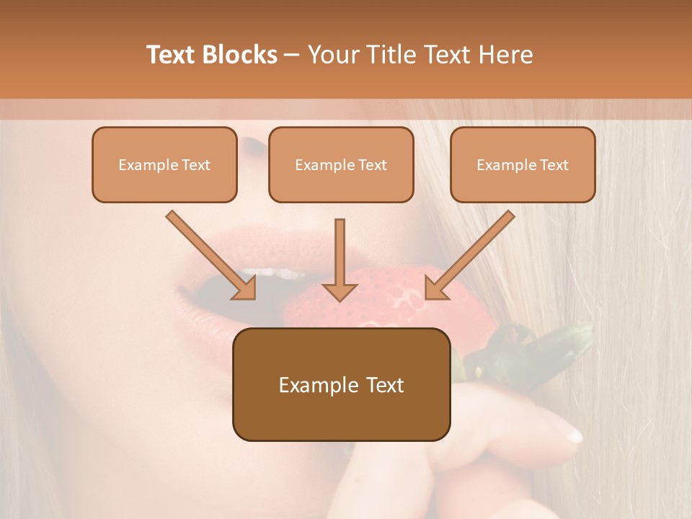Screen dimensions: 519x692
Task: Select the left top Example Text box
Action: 164,164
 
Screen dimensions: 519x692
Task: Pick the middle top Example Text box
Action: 341,164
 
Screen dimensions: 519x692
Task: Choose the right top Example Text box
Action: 523,164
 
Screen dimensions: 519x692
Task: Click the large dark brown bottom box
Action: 341,384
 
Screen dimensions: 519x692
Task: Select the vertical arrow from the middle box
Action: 340,259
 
